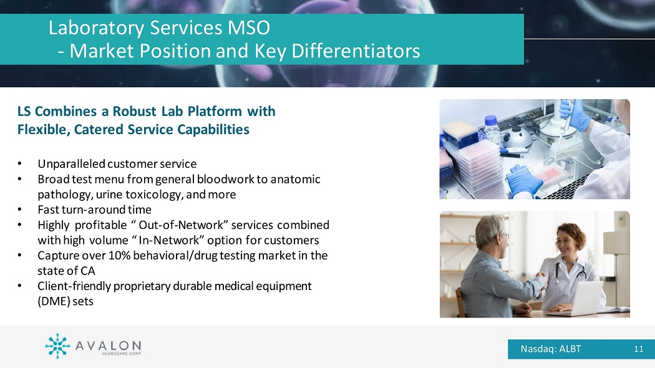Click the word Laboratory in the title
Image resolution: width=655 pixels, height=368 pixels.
point(96,29)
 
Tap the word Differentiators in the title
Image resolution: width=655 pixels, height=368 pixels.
point(356,51)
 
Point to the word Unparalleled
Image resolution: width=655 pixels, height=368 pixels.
point(72,164)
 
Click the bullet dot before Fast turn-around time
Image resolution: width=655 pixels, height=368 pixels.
point(19,210)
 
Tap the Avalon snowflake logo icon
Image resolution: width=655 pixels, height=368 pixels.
point(57,346)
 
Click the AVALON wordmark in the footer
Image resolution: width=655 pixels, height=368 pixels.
point(108,346)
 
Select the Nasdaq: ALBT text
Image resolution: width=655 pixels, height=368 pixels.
point(551,349)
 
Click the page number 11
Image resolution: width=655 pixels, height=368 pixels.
point(638,349)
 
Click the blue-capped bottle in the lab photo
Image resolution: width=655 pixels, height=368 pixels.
point(492,130)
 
